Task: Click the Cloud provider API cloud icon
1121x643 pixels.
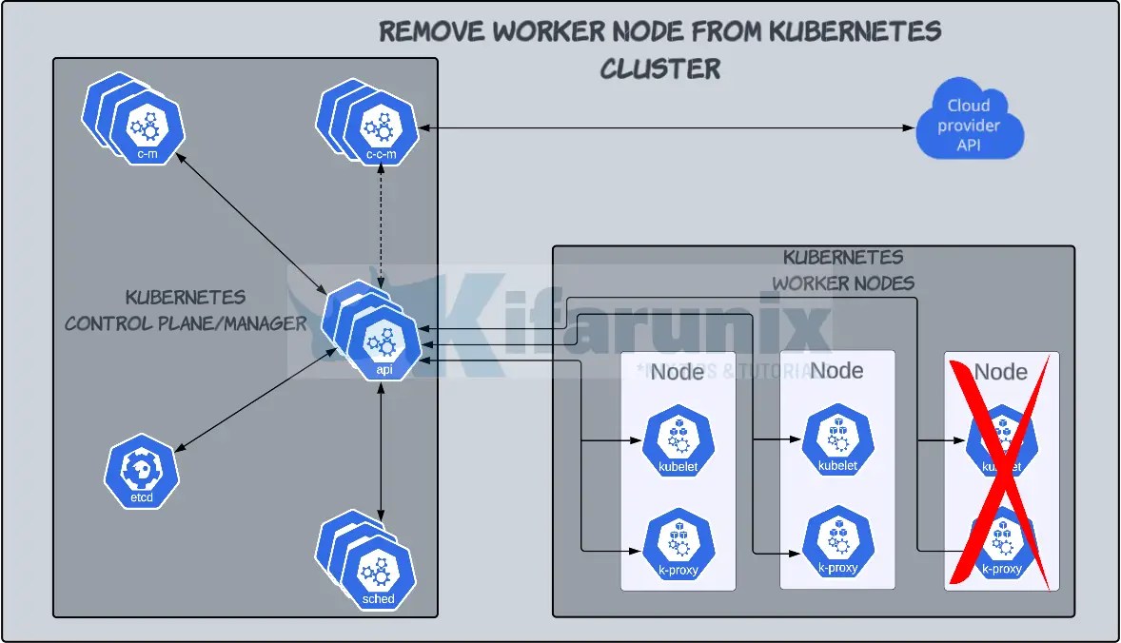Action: [969, 126]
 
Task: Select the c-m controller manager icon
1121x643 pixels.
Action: [146, 131]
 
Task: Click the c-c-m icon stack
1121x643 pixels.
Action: [380, 131]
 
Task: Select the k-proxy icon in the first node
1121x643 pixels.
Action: [678, 545]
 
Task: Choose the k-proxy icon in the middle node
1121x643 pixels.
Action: [837, 545]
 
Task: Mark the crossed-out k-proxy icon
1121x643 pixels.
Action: [1000, 545]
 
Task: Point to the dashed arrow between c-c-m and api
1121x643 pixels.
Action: [382, 224]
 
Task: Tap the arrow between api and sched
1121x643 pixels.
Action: [381, 447]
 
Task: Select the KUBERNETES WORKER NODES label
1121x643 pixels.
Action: [843, 270]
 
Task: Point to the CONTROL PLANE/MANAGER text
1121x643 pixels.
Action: [186, 323]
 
